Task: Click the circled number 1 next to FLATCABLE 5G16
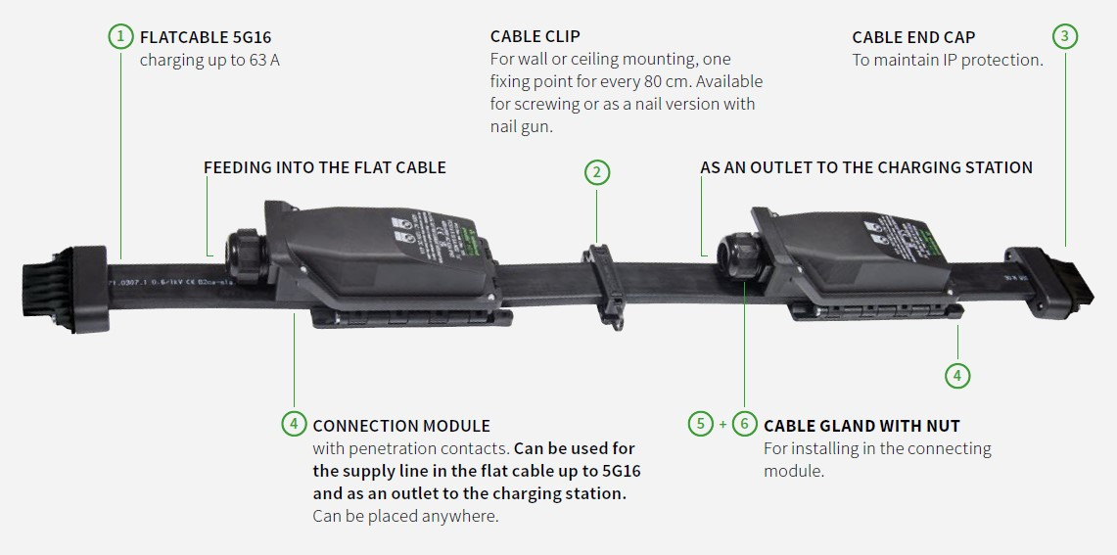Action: point(120,37)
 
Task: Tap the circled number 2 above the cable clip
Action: point(597,172)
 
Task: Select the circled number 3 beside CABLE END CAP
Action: point(1065,37)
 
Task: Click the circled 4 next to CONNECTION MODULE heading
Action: point(294,424)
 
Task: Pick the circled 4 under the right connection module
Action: point(957,374)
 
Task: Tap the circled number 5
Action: point(701,424)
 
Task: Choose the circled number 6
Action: point(745,424)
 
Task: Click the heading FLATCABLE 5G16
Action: point(206,37)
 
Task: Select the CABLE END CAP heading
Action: point(913,37)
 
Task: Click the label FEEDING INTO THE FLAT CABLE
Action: point(324,167)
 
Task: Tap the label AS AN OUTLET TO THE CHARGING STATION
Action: point(865,167)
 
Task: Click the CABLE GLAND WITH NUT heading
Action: point(861,426)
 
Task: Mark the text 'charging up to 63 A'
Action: point(203,60)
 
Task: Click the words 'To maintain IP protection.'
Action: point(948,60)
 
